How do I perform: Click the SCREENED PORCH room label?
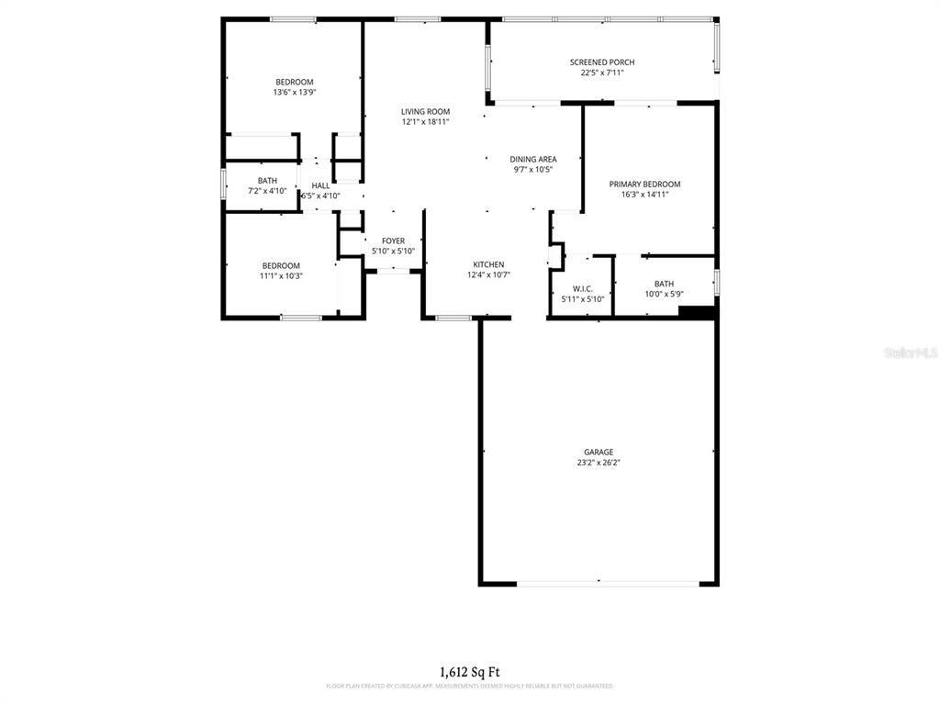(x=601, y=62)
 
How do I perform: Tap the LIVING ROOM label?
(x=425, y=112)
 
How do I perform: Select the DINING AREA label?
(x=533, y=159)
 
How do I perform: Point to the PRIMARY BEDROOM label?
(x=644, y=184)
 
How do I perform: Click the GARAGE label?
(x=599, y=452)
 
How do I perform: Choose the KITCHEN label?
(x=488, y=264)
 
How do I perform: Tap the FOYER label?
(x=393, y=241)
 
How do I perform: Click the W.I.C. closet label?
(x=582, y=288)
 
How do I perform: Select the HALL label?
(x=320, y=185)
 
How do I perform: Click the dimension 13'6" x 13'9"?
(x=294, y=92)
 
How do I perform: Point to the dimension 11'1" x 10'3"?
(x=281, y=275)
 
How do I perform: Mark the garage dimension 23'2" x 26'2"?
(x=599, y=463)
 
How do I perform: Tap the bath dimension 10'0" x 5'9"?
(x=664, y=294)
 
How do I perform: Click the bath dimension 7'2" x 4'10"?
(x=267, y=191)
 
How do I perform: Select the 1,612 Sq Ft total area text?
(x=469, y=672)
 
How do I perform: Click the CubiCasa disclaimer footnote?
(x=469, y=686)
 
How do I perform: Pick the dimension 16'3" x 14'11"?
(x=644, y=194)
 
